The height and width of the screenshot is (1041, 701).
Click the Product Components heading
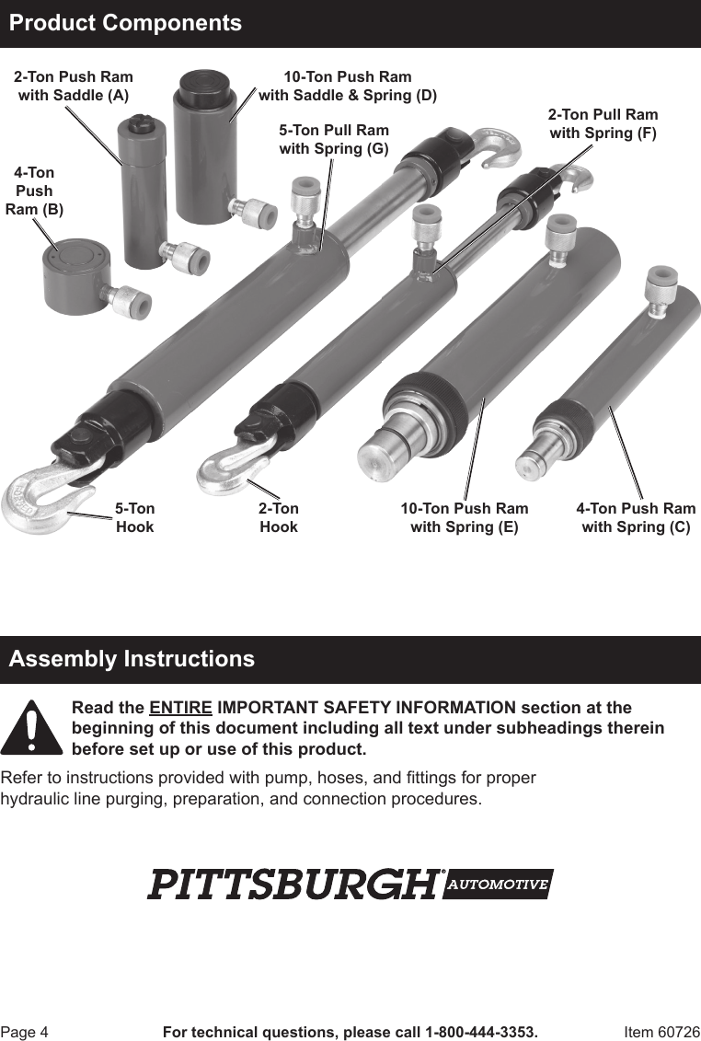click(125, 23)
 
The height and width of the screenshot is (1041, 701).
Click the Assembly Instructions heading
click(132, 659)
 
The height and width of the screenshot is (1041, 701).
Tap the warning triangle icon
click(30, 729)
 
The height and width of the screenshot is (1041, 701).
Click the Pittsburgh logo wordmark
click(293, 885)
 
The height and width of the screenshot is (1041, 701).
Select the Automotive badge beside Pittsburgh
click(498, 885)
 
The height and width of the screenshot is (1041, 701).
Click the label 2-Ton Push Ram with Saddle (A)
click(73, 86)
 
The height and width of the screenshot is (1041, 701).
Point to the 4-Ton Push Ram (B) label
click(34, 191)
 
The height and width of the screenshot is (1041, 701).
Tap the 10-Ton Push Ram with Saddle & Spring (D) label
click(348, 86)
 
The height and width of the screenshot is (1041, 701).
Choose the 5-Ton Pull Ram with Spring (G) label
click(334, 139)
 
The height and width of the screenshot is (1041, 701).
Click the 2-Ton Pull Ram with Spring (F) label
click(603, 123)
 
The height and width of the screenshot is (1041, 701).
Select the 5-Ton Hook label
click(134, 517)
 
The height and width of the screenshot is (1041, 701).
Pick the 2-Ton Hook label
click(278, 517)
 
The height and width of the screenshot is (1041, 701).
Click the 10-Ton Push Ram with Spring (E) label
click(465, 517)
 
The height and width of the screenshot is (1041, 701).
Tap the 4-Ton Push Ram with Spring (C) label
click(636, 517)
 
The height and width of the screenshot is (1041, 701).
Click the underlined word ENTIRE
click(180, 708)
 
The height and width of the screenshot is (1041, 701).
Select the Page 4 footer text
click(24, 1032)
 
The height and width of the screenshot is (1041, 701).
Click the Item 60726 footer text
click(661, 1032)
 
